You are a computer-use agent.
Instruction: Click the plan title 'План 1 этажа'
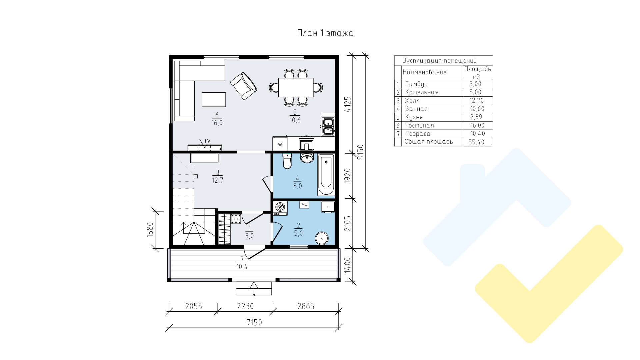325,33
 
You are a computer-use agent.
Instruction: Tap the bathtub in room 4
326,175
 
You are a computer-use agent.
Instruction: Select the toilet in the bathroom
287,161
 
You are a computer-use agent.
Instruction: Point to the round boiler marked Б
322,238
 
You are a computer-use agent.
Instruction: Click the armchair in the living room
244,86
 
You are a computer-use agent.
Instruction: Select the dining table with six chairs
296,87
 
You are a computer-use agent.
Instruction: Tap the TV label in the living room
207,141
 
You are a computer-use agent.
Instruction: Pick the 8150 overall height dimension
360,152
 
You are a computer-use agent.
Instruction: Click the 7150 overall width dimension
254,322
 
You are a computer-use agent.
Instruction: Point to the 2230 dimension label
245,306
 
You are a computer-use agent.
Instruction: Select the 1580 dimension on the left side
150,229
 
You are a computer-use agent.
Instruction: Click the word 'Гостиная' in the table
419,125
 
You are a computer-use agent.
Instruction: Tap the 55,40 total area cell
476,142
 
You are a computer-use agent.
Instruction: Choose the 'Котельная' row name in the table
422,92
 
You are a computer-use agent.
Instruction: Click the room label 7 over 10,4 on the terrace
242,263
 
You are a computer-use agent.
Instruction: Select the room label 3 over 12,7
218,177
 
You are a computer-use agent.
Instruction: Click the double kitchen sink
328,125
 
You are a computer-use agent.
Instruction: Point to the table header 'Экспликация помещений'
440,61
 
